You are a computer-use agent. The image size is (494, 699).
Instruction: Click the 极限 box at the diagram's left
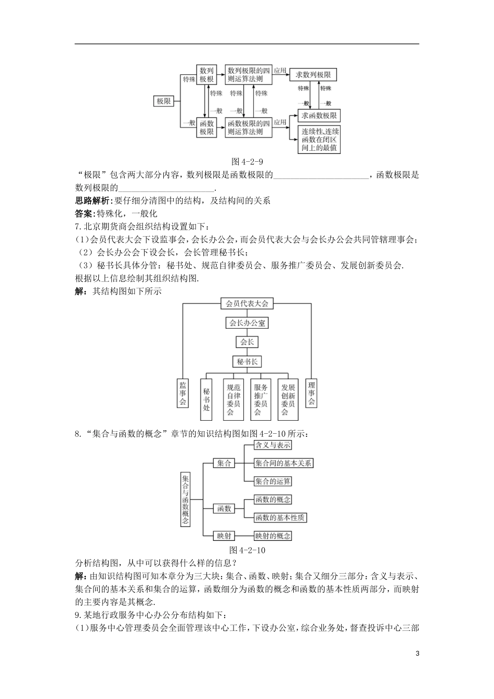tap(164, 101)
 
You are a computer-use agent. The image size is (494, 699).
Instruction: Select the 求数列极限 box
tap(313, 75)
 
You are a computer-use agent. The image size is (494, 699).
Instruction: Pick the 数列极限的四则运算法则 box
tap(249, 75)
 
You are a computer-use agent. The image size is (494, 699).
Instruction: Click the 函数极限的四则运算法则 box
tap(249, 127)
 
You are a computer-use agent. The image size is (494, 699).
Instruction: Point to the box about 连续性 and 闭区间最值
tap(319, 140)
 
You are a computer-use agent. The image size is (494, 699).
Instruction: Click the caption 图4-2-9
tap(247, 161)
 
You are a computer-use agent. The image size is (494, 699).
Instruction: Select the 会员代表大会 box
tap(247, 303)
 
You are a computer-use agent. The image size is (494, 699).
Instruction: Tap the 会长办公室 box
tap(247, 323)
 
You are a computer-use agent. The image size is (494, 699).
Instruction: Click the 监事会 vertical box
tap(183, 393)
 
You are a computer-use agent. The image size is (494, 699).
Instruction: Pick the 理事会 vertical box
tap(311, 393)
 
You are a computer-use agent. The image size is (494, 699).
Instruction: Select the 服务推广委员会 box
tap(261, 399)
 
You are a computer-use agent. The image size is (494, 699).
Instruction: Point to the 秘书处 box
tap(206, 399)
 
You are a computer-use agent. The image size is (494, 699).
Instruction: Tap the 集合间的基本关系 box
tap(283, 463)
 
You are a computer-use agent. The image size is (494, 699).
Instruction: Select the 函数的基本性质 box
tap(280, 517)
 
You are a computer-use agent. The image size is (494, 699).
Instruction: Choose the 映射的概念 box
tap(273, 536)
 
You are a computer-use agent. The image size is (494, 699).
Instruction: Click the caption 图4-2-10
tap(248, 550)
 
